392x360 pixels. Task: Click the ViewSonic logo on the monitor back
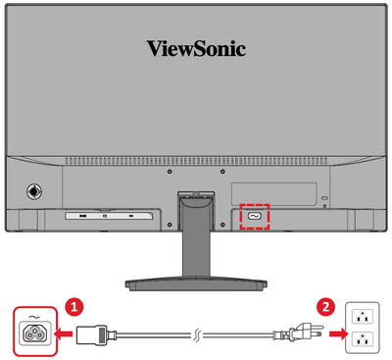pyautogui.click(x=196, y=48)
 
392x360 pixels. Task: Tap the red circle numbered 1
pyautogui.click(x=74, y=307)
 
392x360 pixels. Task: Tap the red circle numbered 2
pyautogui.click(x=325, y=307)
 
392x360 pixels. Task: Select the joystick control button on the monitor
pyautogui.click(x=34, y=190)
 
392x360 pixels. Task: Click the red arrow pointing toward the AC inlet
pyautogui.click(x=64, y=334)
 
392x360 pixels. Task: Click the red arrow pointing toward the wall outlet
pyautogui.click(x=335, y=334)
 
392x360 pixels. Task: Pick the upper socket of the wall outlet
pyautogui.click(x=363, y=317)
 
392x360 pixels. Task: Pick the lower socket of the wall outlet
pyautogui.click(x=363, y=340)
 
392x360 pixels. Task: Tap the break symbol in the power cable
pyautogui.click(x=196, y=334)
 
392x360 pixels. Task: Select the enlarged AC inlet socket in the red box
pyautogui.click(x=34, y=333)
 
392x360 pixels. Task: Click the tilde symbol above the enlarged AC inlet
pyautogui.click(x=34, y=317)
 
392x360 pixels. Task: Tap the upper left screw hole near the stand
pyautogui.click(x=170, y=172)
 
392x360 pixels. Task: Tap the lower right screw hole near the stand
pyautogui.click(x=222, y=225)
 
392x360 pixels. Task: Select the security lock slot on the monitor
pyautogui.click(x=324, y=198)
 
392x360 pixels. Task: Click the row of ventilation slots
pyautogui.click(x=196, y=161)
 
